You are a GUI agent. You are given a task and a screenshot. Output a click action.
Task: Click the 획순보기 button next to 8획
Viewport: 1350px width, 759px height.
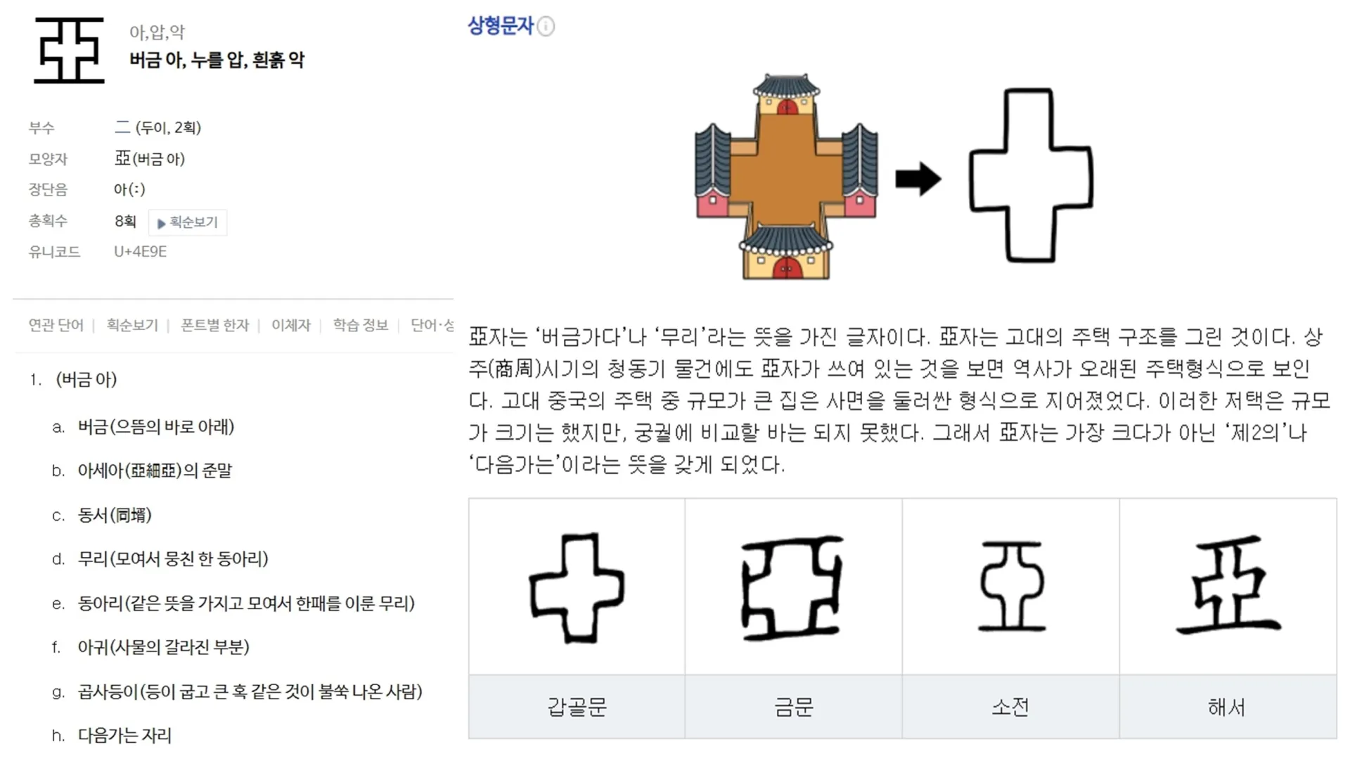pos(188,222)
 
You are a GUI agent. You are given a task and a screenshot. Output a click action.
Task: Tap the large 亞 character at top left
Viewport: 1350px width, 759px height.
pos(69,51)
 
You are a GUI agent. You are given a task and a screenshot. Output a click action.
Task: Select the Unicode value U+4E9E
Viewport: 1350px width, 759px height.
pos(140,252)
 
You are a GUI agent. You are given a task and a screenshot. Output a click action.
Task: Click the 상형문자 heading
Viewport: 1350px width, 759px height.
pos(501,26)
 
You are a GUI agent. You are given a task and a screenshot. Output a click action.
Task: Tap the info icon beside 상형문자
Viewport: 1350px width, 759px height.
pos(546,27)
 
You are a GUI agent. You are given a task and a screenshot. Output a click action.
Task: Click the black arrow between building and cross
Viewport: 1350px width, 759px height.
pos(918,179)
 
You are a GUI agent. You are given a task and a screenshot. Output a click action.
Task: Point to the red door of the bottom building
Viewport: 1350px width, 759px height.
pos(786,268)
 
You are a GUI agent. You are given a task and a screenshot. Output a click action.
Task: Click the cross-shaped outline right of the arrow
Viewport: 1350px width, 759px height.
pos(1030,175)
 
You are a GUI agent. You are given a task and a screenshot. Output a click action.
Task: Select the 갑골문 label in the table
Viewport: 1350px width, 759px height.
pos(577,706)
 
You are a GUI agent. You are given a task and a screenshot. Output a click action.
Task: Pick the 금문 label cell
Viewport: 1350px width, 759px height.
pos(793,706)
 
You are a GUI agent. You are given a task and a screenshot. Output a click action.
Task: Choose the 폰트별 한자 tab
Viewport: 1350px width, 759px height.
pos(214,325)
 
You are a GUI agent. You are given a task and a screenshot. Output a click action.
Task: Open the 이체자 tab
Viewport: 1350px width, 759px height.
pos(290,325)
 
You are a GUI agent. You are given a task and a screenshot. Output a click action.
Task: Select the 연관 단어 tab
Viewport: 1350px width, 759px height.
pos(56,325)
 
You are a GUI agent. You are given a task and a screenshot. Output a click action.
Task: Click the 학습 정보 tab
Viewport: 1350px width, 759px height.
pos(360,325)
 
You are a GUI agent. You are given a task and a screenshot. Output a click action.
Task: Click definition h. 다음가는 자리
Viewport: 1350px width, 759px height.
pos(124,736)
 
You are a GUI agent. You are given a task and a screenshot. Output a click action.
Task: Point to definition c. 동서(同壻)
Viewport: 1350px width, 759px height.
pos(115,516)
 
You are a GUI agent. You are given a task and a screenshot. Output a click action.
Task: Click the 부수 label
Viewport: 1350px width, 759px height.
pos(41,128)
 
